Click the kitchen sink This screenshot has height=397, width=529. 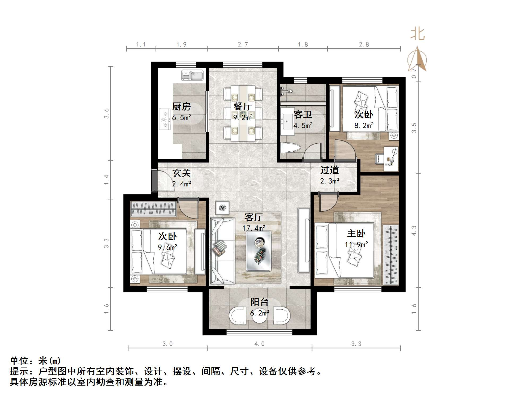tap(192, 75)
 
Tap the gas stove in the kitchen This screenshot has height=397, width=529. tap(165, 119)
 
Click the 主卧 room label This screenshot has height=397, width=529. tap(356, 234)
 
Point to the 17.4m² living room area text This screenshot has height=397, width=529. tap(254, 228)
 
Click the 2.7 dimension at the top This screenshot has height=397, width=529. tap(243, 45)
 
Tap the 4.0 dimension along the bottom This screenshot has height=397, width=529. tap(259, 344)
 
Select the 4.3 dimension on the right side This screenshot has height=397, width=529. tap(414, 230)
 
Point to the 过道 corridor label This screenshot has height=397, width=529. tap(329, 170)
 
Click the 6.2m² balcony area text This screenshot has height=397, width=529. tap(259, 313)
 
